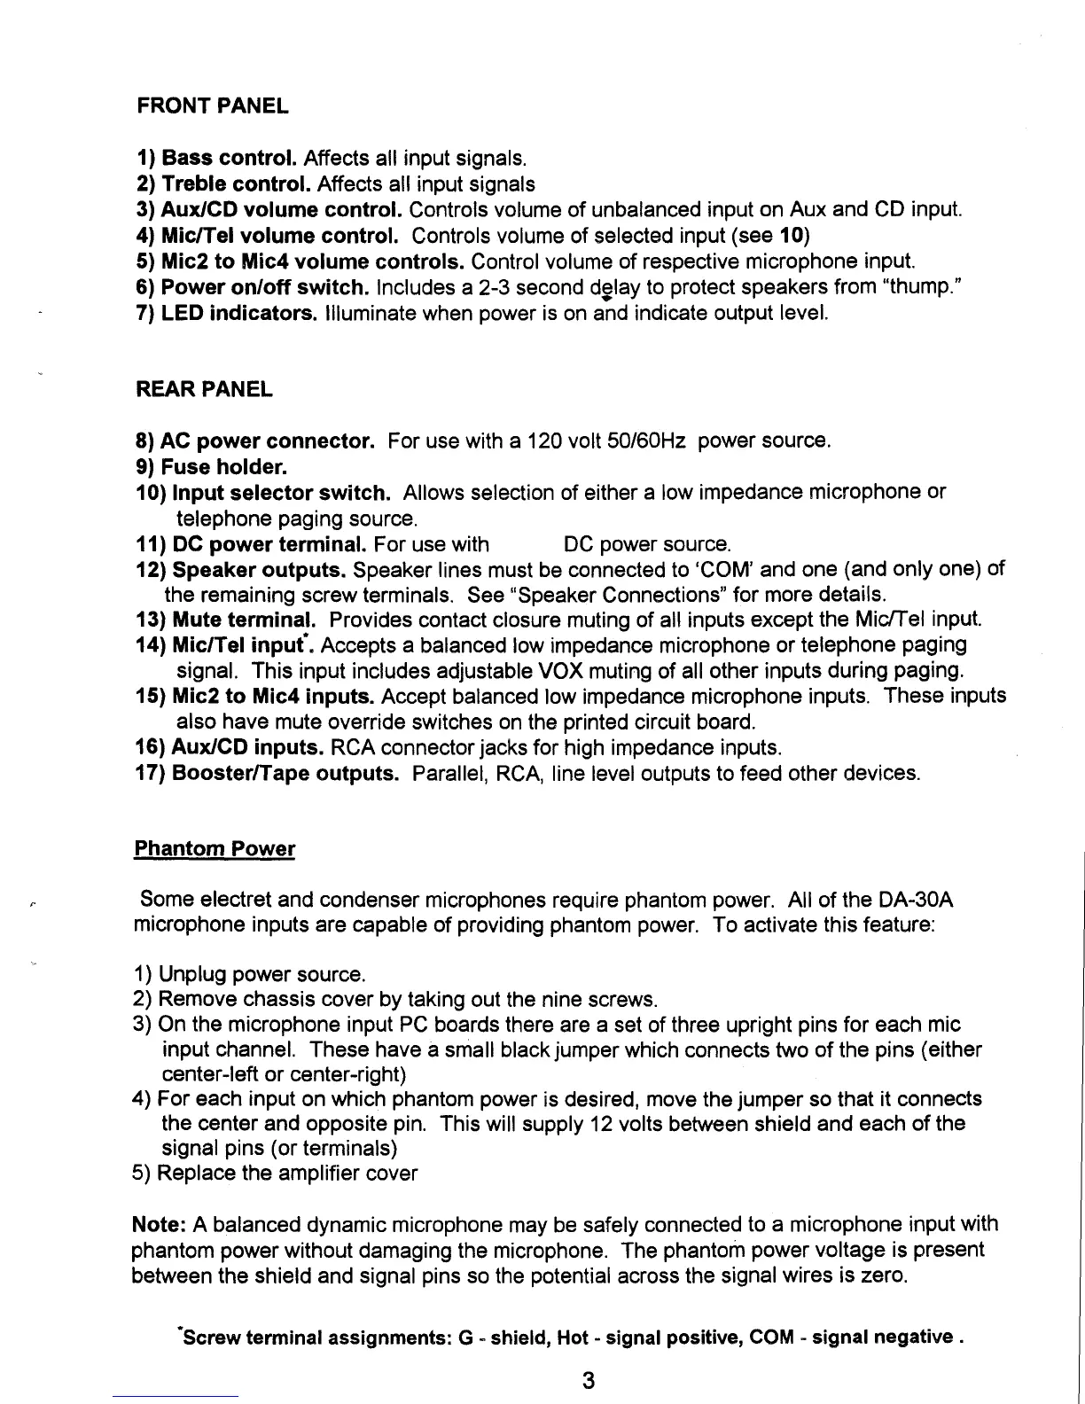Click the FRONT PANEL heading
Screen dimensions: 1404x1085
(213, 107)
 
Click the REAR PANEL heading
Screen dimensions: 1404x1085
(204, 389)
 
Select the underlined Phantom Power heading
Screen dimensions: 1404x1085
(214, 849)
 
